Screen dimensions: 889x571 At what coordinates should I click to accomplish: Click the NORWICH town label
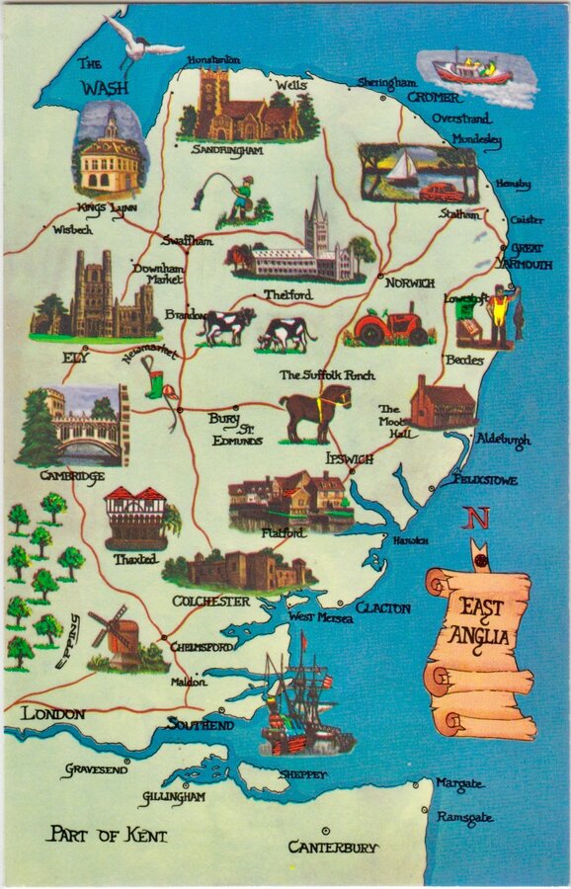click(x=409, y=283)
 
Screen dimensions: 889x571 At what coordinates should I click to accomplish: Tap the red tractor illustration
click(x=390, y=325)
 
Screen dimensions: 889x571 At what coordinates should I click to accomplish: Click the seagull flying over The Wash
click(x=142, y=40)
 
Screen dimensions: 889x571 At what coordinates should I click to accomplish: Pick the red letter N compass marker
click(x=478, y=518)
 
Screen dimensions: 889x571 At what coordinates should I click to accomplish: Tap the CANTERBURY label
click(x=333, y=848)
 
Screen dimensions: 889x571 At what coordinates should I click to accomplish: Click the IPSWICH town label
click(x=350, y=459)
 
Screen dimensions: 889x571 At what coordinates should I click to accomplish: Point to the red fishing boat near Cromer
click(x=471, y=69)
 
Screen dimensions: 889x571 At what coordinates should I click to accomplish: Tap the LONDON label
click(x=53, y=713)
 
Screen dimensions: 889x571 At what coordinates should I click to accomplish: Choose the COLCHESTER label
click(x=211, y=601)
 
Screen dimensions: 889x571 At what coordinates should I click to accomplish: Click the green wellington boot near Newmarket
click(x=154, y=381)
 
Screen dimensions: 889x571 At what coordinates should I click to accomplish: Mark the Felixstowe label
click(x=471, y=478)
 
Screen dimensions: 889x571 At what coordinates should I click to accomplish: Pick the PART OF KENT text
click(x=109, y=836)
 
